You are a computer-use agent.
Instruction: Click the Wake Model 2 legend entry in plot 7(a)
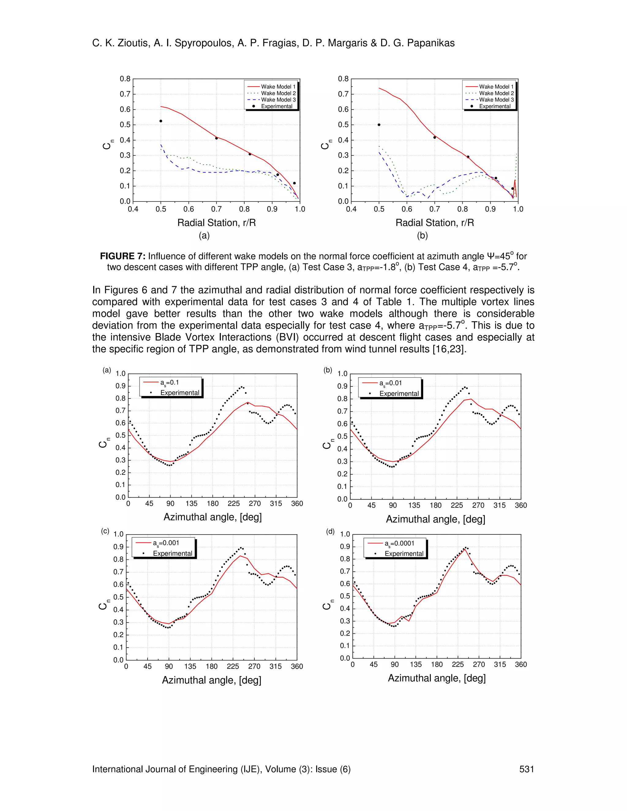coord(278,93)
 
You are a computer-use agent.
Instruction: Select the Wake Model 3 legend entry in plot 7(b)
coord(496,99)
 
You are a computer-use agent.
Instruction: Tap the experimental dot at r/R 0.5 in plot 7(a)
coord(161,121)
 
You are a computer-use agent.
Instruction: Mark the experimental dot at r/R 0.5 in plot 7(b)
coord(379,125)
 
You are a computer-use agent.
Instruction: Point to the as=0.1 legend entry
coord(169,383)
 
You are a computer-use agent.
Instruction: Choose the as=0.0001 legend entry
coord(399,543)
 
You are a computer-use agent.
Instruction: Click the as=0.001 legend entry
coord(166,543)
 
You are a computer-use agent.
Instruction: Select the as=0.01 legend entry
coord(390,383)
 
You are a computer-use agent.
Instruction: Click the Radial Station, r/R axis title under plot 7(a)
coord(216,223)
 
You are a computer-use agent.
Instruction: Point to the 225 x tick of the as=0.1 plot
coord(234,503)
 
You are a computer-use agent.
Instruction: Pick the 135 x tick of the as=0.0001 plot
coord(416,664)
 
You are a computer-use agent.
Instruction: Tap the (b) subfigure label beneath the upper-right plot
coord(422,235)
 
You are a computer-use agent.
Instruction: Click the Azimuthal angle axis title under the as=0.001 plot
coord(212,680)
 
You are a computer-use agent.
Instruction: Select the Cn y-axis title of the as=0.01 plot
coord(327,444)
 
